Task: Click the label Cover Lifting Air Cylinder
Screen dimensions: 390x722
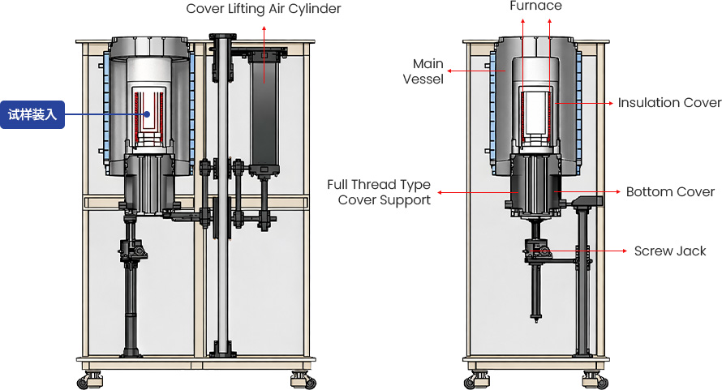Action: pyautogui.click(x=263, y=9)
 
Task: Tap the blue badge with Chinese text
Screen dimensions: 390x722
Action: pyautogui.click(x=32, y=114)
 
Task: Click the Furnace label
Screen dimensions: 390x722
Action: pyautogui.click(x=535, y=6)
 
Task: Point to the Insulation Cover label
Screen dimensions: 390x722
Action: pyautogui.click(x=669, y=103)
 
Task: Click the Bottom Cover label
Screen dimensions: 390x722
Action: pyautogui.click(x=670, y=192)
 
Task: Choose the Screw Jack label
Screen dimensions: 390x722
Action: pyautogui.click(x=670, y=251)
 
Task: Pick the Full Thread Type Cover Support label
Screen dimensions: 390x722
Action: pyautogui.click(x=379, y=192)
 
